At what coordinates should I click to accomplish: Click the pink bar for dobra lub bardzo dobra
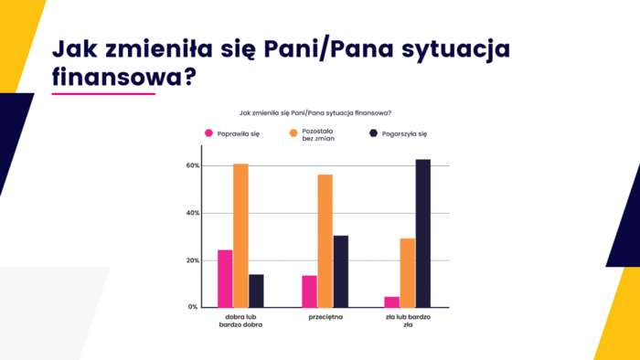(x=225, y=279)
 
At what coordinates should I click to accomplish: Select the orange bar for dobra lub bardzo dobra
(x=240, y=236)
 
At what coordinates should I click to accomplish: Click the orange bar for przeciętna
(x=325, y=240)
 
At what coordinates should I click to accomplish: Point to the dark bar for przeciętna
(x=340, y=271)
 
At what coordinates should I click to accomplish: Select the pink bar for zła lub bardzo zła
(x=391, y=302)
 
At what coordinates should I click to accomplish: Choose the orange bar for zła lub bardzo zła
(x=407, y=272)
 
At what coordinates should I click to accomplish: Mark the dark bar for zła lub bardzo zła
(x=422, y=233)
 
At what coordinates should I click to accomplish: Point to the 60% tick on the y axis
(x=192, y=165)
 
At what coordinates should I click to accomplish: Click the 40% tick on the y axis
(x=192, y=213)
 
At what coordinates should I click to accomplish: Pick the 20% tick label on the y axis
(x=192, y=260)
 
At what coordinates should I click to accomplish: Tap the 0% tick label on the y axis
(x=194, y=307)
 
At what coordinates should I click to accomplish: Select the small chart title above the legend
(x=315, y=112)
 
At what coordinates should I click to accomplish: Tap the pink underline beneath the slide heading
(x=103, y=92)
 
